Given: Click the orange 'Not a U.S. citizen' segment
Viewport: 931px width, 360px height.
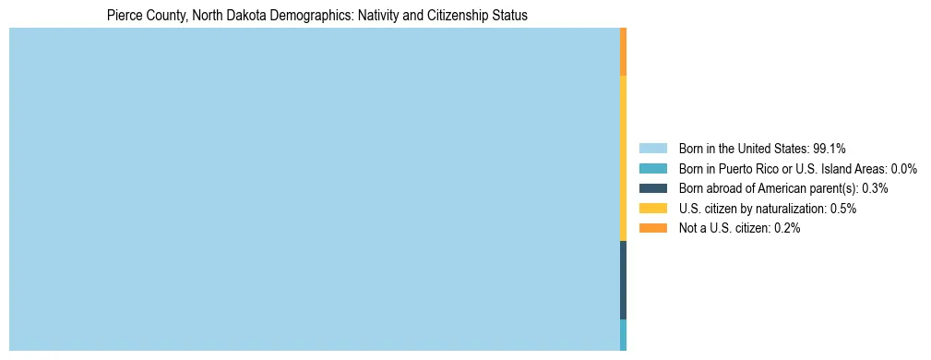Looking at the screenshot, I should coord(624,52).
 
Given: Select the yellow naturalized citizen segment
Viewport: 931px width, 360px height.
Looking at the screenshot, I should coord(624,158).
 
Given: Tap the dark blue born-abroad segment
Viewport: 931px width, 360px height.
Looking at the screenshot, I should coord(624,280).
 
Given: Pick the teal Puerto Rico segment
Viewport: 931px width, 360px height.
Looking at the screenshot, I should coord(624,334).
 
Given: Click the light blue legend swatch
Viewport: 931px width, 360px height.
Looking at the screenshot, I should coord(652,149).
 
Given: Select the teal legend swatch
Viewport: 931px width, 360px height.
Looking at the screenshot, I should coord(652,169).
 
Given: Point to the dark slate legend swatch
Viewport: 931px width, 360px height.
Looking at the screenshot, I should coord(652,188).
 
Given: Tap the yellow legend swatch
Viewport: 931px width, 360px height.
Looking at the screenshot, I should coord(652,209).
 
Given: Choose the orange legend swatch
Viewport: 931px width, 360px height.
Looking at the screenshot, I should coord(652,228).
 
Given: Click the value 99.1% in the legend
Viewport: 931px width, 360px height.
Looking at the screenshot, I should coord(830,149).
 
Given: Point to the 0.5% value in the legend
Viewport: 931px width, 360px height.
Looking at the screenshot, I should coord(842,209).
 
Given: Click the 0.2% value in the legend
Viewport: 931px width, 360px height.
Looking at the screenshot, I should coord(784,228).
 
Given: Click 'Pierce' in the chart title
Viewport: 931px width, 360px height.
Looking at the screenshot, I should coord(123,16).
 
